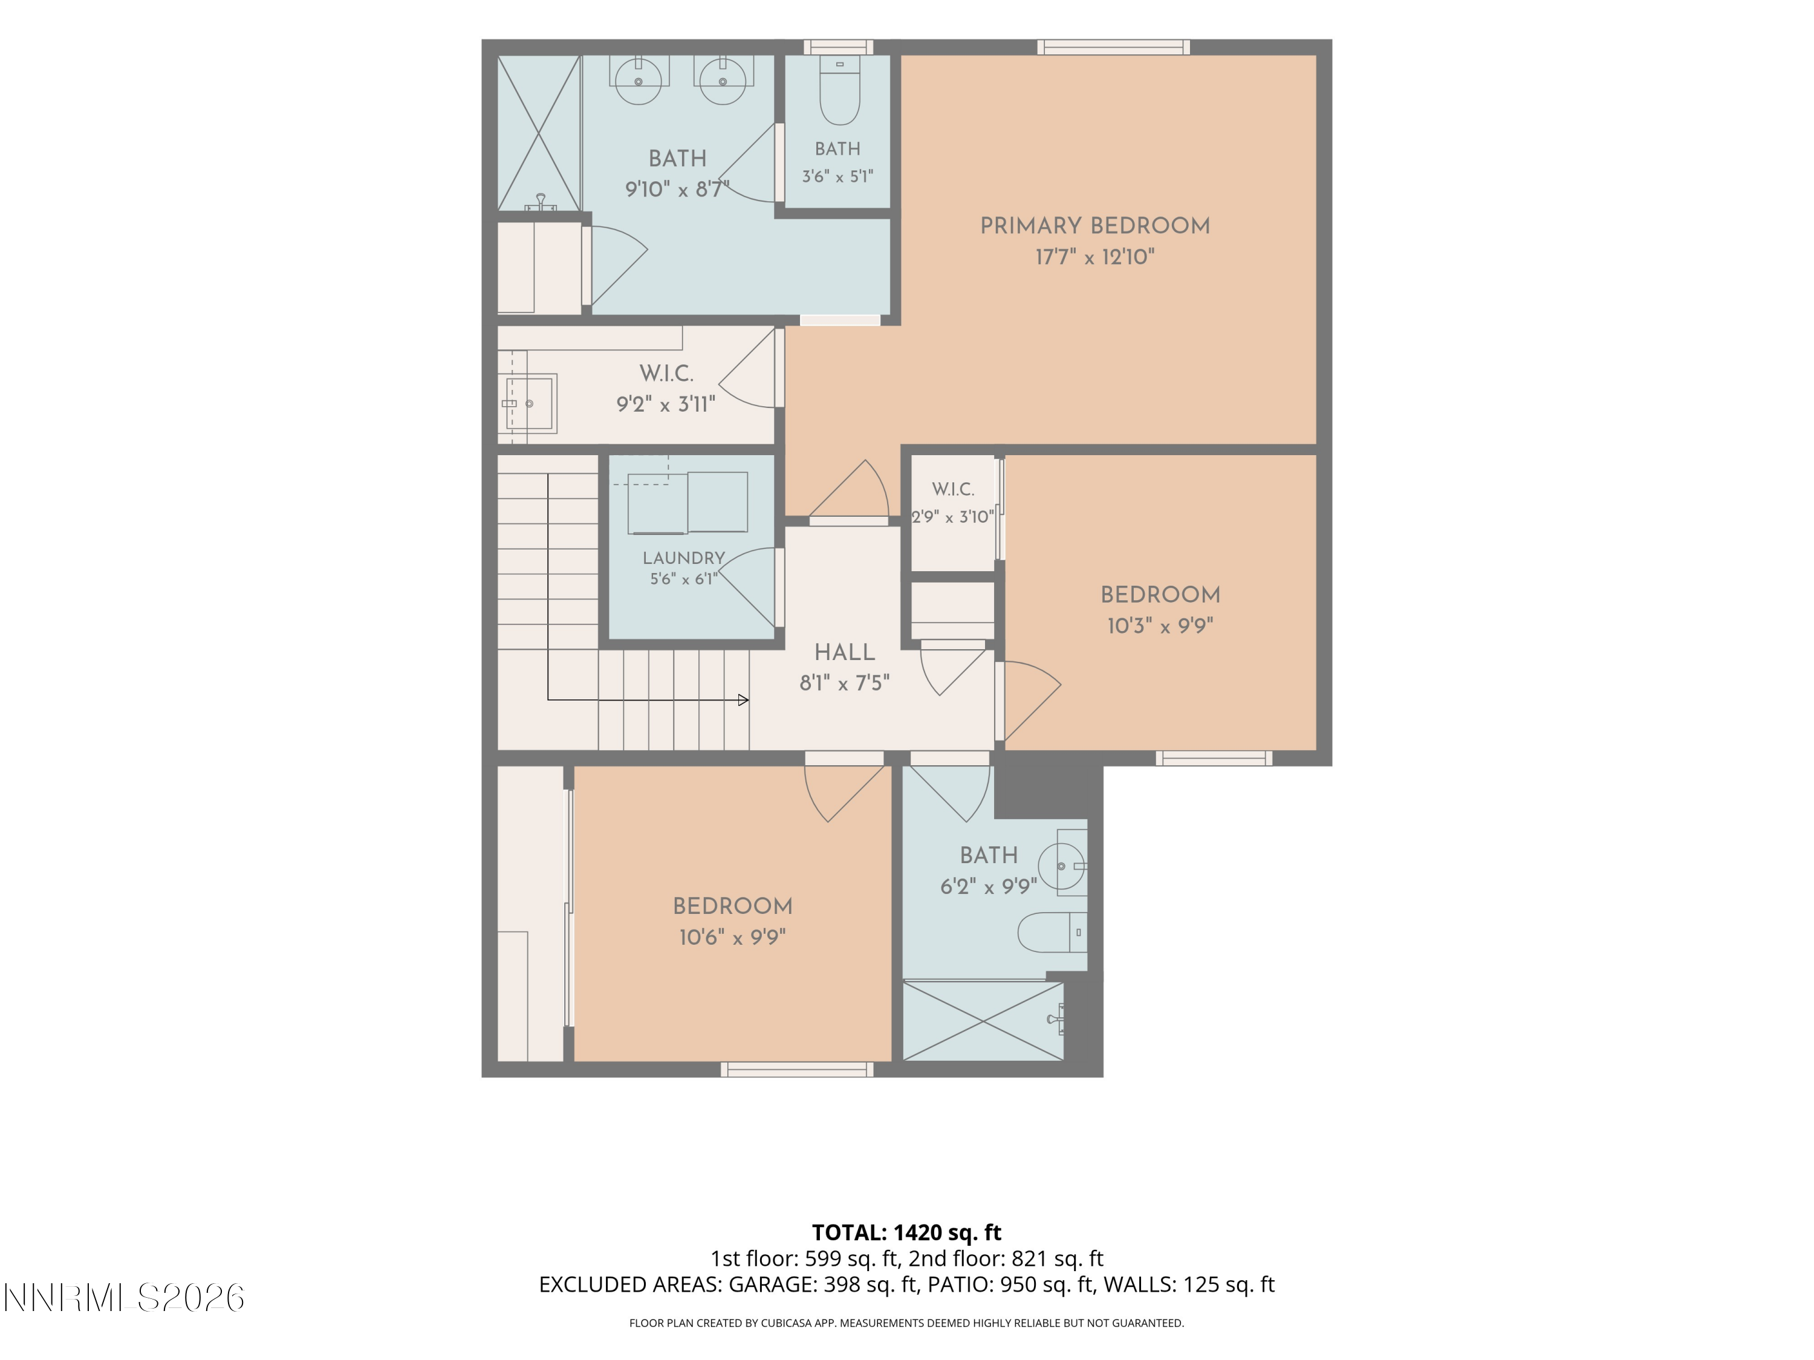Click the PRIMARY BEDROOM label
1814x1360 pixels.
point(1095,226)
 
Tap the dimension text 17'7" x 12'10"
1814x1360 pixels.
point(1095,257)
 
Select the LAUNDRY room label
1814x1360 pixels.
point(684,559)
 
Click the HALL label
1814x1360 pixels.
point(845,653)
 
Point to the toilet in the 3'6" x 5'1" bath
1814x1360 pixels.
point(840,90)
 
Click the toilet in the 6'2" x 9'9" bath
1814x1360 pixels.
point(1053,932)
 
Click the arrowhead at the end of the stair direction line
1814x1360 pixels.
point(743,700)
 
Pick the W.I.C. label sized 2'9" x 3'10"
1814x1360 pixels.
point(953,490)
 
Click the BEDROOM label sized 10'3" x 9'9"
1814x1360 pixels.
point(1160,595)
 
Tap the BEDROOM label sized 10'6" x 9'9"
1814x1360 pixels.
point(732,907)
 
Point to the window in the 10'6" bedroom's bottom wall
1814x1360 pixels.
point(797,1069)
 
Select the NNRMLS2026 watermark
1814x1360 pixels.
point(124,1298)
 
